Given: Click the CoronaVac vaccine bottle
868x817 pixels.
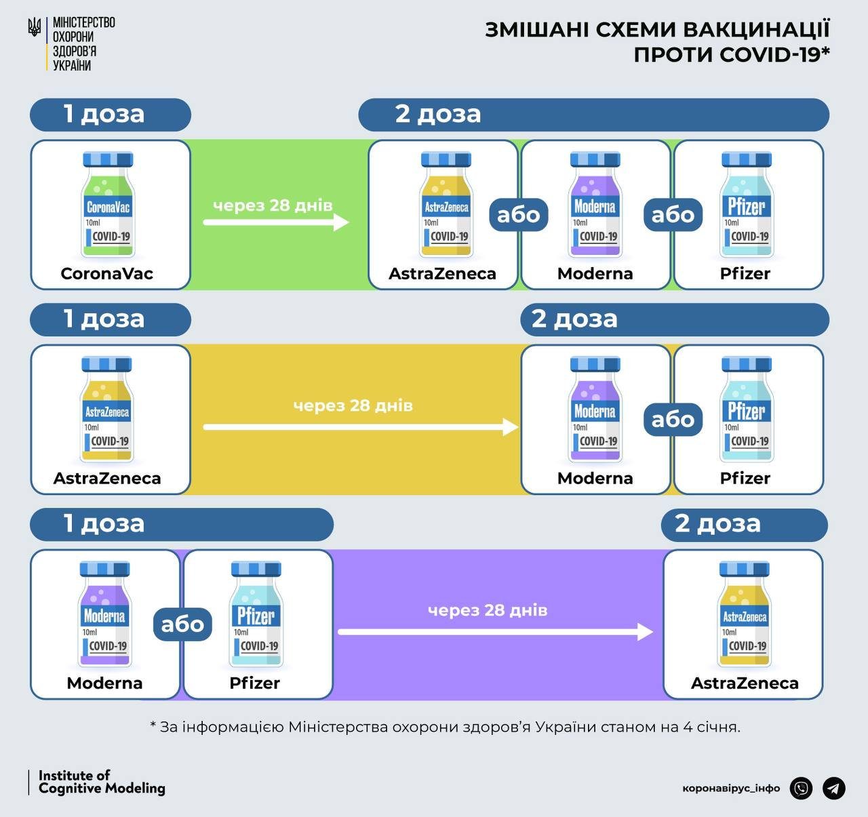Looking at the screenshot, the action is coord(108,204).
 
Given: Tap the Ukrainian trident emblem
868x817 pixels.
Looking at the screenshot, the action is coord(35,27).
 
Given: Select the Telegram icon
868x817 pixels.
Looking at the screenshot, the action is coord(834,788).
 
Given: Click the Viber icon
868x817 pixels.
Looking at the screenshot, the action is coord(801,788).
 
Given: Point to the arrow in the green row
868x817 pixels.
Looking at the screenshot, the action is coord(276,222).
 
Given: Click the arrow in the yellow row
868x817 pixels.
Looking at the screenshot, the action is coord(361,427).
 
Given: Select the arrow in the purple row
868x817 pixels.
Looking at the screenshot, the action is coord(496,632).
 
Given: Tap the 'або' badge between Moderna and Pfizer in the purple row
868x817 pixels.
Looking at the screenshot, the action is coord(182,624).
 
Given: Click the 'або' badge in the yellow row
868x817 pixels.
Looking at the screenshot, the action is coord(673,420).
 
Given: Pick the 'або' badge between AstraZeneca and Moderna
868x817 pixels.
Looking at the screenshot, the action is coord(519,215).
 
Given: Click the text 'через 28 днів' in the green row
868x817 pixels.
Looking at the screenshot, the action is coord(273,205).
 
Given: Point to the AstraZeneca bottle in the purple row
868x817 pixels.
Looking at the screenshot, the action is coord(745,614).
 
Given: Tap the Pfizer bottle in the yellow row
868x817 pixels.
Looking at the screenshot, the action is coord(747,409).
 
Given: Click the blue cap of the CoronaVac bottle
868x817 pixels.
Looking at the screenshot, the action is coord(108,159).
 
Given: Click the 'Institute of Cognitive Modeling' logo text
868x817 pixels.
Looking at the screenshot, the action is coord(102,782).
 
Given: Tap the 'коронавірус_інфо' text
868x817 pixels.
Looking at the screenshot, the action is coord(731,789).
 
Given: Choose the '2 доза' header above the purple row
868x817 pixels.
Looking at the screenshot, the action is coord(745,524).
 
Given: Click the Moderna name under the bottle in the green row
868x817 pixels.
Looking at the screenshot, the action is coord(595,274).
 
